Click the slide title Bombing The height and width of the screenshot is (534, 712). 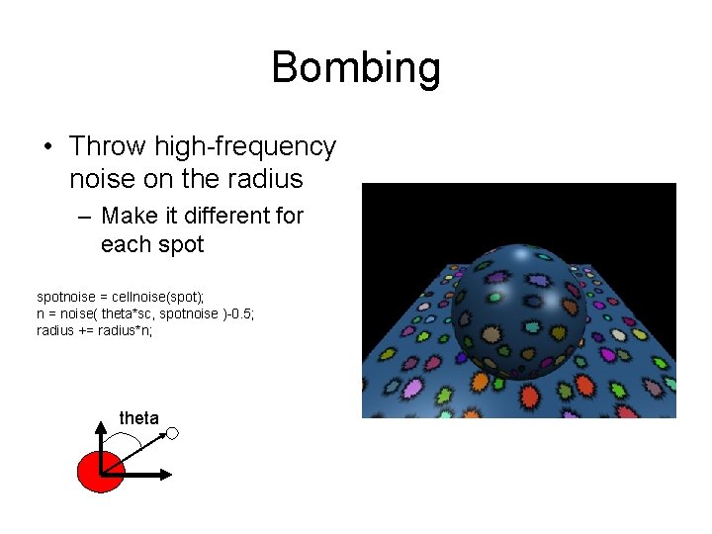355,68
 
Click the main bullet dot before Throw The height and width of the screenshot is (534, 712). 46,147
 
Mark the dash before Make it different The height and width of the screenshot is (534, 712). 83,216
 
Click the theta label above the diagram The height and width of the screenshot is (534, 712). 138,418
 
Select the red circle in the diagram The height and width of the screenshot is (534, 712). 99,471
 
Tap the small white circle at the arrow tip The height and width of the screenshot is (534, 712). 172,433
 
